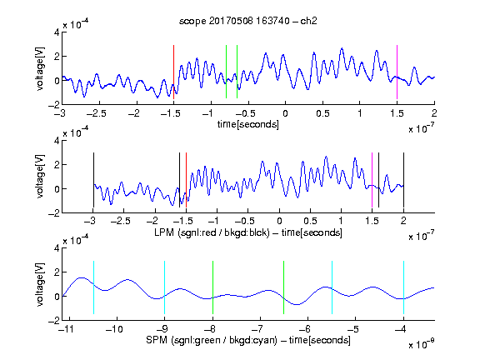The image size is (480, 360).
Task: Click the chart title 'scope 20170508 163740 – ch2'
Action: tap(248, 21)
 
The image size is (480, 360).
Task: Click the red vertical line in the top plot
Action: tap(173, 72)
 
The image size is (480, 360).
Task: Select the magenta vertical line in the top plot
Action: tap(397, 72)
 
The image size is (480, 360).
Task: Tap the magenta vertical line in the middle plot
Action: tap(372, 180)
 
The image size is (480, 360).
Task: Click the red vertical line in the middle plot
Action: tap(186, 180)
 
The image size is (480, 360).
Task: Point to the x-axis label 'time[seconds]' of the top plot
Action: tap(248, 124)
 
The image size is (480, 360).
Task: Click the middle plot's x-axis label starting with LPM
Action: tap(248, 232)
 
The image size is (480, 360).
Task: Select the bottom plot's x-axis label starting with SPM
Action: tap(248, 340)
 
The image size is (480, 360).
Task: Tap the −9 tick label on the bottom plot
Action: tap(162, 329)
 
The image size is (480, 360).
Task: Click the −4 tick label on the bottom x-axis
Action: tap(400, 329)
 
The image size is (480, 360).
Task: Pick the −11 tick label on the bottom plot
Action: tap(66, 329)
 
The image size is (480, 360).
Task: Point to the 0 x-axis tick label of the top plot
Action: tap(285, 113)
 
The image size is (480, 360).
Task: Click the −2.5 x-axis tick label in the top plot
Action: tap(97, 113)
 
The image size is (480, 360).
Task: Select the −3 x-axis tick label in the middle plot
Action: tap(90, 221)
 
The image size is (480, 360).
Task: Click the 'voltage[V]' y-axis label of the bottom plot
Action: tap(40, 284)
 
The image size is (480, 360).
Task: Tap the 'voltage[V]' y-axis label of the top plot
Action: tap(40, 68)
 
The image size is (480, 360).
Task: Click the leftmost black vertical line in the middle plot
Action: tap(93, 180)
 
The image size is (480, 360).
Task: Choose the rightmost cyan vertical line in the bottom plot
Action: tap(404, 287)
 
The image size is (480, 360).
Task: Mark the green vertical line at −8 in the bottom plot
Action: tap(212, 287)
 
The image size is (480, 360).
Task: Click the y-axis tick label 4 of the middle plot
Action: tap(57, 141)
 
